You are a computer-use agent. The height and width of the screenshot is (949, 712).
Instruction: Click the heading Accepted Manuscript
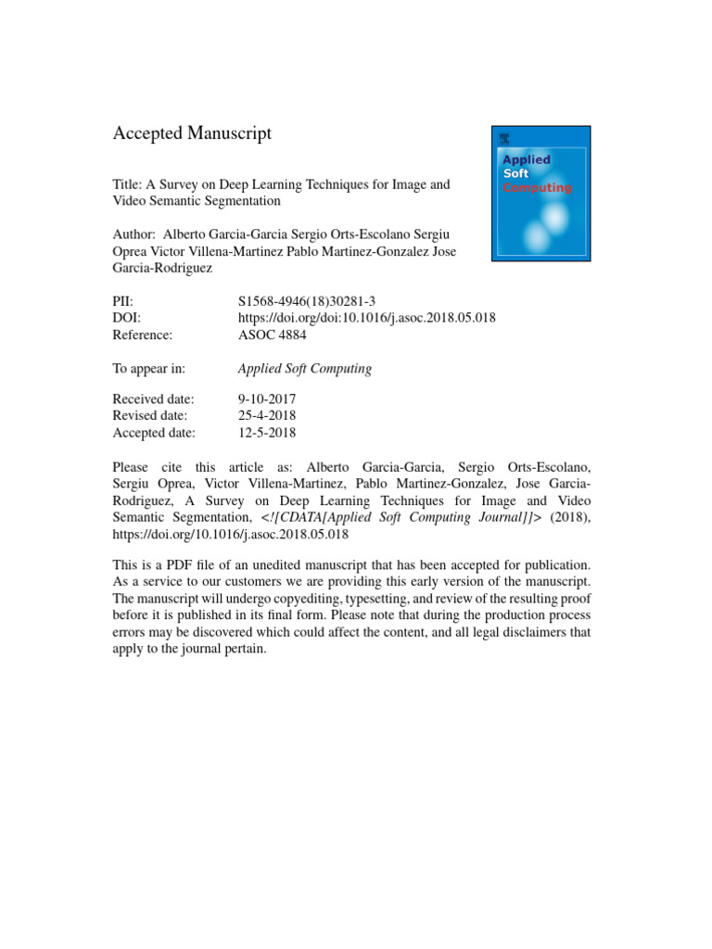192,133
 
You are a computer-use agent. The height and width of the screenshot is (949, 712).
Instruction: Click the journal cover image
541,194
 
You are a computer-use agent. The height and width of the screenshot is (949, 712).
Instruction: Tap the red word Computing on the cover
537,188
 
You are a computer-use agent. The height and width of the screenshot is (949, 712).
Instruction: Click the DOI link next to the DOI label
366,318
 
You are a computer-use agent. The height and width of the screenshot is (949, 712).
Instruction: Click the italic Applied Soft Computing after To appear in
305,369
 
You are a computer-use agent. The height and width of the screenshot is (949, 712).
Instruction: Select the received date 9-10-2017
267,399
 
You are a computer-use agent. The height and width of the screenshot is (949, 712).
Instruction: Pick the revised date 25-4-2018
267,415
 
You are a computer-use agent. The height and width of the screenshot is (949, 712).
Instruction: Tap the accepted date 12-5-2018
267,433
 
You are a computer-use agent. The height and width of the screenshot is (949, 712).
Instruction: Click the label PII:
122,300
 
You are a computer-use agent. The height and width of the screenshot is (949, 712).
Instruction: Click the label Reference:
142,335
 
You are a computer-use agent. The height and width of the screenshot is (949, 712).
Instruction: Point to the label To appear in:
148,369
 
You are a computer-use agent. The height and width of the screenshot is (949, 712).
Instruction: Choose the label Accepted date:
154,433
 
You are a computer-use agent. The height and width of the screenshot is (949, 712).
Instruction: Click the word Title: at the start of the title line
127,184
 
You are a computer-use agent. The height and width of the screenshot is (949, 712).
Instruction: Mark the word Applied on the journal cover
526,159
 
